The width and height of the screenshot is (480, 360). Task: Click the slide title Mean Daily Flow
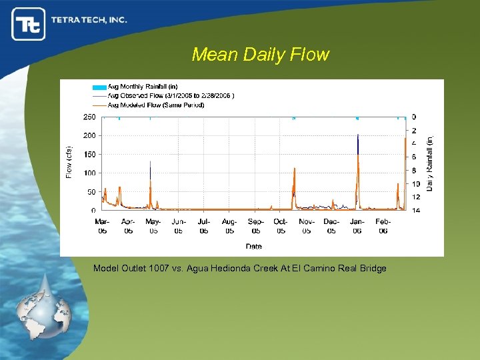click(x=260, y=55)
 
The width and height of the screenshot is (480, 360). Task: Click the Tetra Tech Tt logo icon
click(x=29, y=24)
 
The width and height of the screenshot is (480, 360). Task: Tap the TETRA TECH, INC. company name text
click(x=89, y=20)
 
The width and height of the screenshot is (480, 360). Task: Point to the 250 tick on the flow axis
click(x=89, y=117)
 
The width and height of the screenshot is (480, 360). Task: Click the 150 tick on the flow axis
click(x=89, y=154)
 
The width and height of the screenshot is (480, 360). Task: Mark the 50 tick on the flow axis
click(x=91, y=191)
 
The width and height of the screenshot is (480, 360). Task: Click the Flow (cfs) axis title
click(x=69, y=163)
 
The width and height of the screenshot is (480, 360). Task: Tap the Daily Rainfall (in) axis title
click(x=430, y=163)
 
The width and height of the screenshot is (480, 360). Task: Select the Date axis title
click(x=253, y=246)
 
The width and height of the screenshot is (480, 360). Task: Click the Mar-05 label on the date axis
click(x=103, y=226)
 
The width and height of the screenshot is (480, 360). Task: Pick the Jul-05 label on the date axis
click(x=204, y=226)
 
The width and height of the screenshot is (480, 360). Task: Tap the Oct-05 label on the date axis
click(x=281, y=226)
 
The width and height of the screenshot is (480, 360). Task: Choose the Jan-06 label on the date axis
click(x=357, y=226)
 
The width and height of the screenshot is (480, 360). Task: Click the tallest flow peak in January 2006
click(x=358, y=137)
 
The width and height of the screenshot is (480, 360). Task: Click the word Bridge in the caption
click(x=373, y=268)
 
